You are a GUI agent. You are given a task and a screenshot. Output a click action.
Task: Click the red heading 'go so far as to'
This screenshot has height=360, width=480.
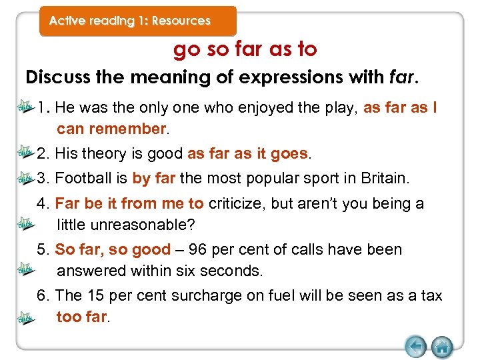click(x=245, y=49)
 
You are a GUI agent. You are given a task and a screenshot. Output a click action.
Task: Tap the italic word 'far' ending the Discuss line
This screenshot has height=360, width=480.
click(x=402, y=77)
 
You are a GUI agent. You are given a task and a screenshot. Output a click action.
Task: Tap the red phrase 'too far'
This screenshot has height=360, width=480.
click(x=81, y=317)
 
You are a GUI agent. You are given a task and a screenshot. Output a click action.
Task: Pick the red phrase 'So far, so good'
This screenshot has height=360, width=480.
click(x=113, y=250)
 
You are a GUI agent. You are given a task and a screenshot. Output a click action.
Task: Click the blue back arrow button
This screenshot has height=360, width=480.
click(x=415, y=346)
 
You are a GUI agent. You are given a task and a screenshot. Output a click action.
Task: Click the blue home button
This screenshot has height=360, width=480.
click(x=442, y=346)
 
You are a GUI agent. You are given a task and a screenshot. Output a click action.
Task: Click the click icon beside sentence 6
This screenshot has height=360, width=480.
click(x=26, y=319)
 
